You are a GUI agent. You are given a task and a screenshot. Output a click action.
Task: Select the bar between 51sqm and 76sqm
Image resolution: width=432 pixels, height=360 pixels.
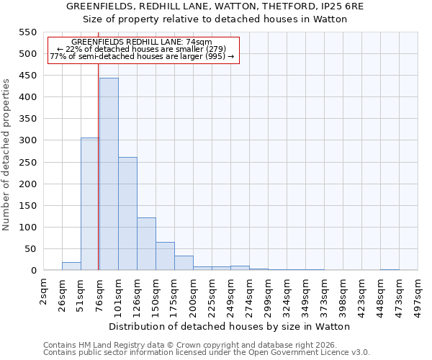pyautogui.click(x=90, y=204)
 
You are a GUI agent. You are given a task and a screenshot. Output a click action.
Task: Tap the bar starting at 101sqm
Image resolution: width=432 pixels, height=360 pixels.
pyautogui.click(x=127, y=214)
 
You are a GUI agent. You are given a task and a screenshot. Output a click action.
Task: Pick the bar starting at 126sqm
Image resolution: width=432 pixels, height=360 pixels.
pyautogui.click(x=146, y=244)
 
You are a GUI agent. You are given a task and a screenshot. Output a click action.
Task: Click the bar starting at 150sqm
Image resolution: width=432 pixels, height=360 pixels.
pyautogui.click(x=165, y=256)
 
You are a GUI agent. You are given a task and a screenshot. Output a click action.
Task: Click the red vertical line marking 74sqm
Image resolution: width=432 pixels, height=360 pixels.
pyautogui.click(x=98, y=180)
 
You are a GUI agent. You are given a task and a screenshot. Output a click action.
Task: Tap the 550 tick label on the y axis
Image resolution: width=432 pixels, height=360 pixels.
pyautogui.click(x=27, y=32)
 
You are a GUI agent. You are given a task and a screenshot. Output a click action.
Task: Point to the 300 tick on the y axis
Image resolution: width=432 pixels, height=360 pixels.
pyautogui.click(x=27, y=140)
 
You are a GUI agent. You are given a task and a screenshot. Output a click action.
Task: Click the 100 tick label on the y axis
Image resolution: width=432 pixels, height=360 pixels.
pyautogui.click(x=27, y=228)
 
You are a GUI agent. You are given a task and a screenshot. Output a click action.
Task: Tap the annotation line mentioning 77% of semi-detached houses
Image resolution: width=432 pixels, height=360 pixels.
pyautogui.click(x=142, y=56)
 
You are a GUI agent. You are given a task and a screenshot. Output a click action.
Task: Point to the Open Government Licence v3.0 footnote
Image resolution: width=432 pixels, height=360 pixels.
pyautogui.click(x=207, y=353)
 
